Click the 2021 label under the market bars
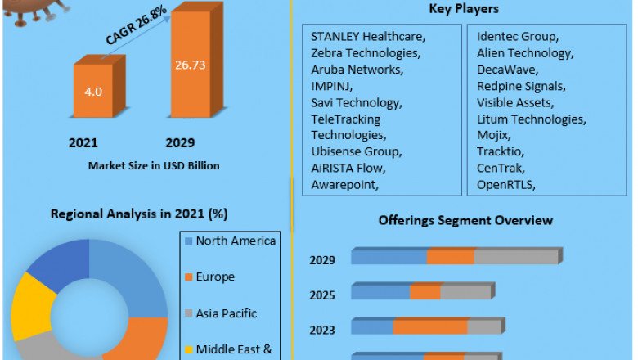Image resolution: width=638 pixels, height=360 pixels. click(x=83, y=143)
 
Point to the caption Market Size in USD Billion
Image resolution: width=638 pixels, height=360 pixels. click(x=154, y=165)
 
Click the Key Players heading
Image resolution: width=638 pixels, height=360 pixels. click(x=464, y=9)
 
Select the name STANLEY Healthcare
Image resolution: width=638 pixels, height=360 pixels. click(x=368, y=37)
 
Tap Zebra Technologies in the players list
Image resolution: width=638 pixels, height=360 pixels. click(x=366, y=53)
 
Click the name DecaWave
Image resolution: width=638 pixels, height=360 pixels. click(x=507, y=70)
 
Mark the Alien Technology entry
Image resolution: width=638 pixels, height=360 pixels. click(x=525, y=53)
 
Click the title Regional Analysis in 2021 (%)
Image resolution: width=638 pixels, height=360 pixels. click(x=139, y=214)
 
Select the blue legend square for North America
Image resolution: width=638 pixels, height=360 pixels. click(x=188, y=241)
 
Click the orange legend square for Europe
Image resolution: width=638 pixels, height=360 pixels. click(x=188, y=277)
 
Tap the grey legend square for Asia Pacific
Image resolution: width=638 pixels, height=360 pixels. click(x=188, y=313)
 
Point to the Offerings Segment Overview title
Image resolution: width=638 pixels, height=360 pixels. click(x=465, y=221)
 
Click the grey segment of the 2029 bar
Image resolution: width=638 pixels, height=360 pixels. click(x=515, y=257)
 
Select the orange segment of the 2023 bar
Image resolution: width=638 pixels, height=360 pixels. click(x=429, y=327)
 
